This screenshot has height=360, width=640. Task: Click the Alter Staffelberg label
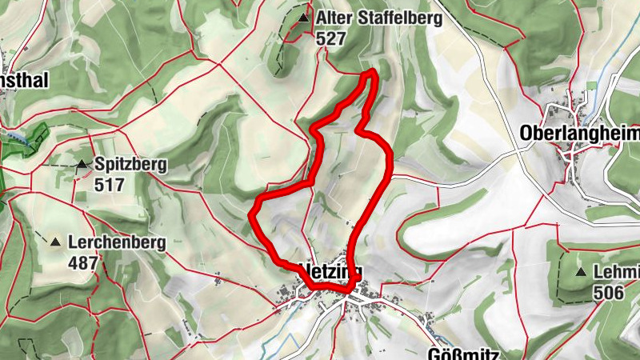(x=378, y=18)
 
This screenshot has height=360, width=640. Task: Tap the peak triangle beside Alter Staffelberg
(x=303, y=18)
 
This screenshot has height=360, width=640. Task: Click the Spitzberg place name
(x=130, y=166)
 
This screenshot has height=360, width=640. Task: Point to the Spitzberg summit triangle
(x=82, y=166)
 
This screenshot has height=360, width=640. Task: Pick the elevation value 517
(x=109, y=185)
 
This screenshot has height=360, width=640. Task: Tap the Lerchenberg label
(x=116, y=242)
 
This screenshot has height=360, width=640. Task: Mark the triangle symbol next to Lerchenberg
(x=56, y=242)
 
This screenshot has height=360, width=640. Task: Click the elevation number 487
(x=82, y=262)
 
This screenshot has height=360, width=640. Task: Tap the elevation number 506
(x=608, y=293)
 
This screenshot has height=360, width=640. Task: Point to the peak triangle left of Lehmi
(x=580, y=273)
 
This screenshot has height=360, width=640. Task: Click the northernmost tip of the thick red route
(x=371, y=74)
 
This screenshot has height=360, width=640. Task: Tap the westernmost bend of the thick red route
(x=254, y=214)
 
